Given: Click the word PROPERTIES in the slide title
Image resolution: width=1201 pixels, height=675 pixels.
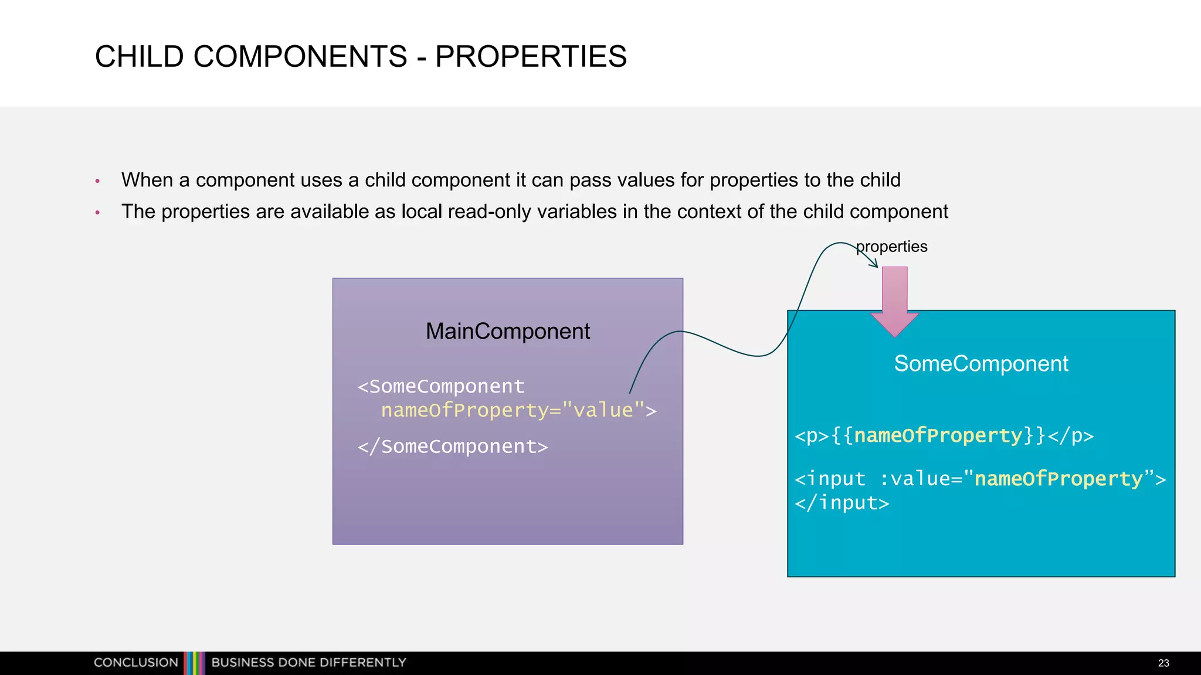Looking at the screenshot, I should click(x=531, y=57).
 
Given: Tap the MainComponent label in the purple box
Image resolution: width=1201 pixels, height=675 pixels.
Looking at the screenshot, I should click(x=507, y=331).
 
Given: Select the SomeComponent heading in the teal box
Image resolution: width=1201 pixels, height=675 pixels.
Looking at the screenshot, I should click(x=981, y=364).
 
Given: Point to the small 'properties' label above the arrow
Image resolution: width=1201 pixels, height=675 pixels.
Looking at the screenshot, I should click(x=892, y=247).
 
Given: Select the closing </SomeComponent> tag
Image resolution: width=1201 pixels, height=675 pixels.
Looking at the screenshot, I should click(x=453, y=446).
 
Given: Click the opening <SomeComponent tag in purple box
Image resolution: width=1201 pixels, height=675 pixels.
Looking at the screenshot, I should click(x=441, y=387).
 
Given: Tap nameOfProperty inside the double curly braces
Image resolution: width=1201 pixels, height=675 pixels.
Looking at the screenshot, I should click(x=938, y=435).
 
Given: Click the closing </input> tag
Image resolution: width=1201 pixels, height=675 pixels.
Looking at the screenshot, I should click(x=842, y=503).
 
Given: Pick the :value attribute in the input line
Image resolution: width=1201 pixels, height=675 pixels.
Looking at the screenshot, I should click(x=914, y=479).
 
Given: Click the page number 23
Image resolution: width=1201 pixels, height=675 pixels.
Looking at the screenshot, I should click(x=1163, y=663).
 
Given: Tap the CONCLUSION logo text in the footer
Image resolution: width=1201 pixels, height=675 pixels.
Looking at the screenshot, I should click(x=136, y=662).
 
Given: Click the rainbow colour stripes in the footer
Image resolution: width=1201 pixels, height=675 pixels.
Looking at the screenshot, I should click(x=194, y=663).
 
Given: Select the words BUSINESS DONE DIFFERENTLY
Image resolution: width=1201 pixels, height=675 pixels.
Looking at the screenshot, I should click(x=308, y=662).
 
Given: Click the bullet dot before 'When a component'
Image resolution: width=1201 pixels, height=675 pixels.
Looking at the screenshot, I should click(x=97, y=181).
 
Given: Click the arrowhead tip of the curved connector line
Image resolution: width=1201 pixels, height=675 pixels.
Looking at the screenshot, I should click(x=877, y=267).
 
